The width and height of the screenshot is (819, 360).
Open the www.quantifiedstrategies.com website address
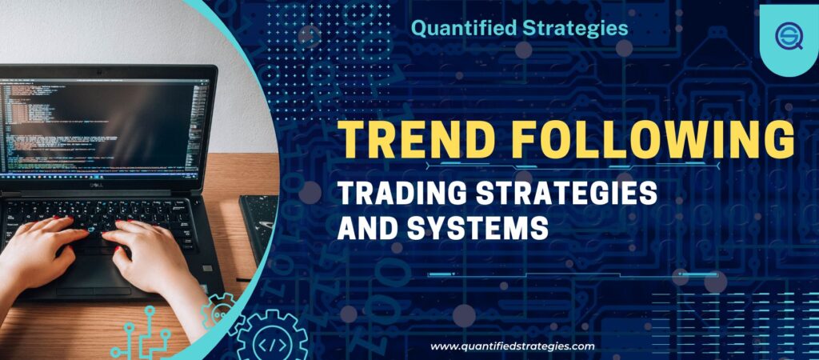coord(513,346)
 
